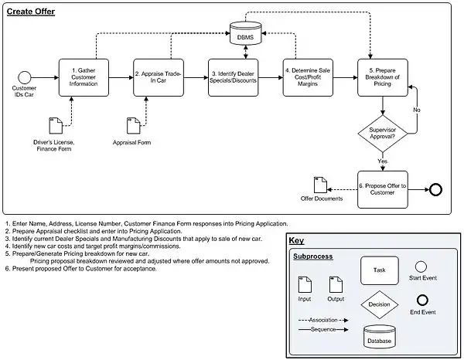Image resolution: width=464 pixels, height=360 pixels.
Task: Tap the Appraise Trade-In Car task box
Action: click(159, 77)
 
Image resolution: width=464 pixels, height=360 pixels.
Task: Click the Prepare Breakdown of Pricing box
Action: click(382, 77)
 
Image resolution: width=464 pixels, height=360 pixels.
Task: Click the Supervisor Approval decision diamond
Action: click(382, 133)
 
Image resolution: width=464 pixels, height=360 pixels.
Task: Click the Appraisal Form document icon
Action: click(131, 125)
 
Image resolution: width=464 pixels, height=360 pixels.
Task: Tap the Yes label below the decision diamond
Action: click(381, 161)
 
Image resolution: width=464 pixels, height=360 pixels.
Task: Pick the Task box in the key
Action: click(379, 270)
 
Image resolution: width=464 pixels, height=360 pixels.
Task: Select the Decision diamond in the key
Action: click(379, 304)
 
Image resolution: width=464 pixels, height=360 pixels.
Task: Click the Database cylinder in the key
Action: click(379, 337)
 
